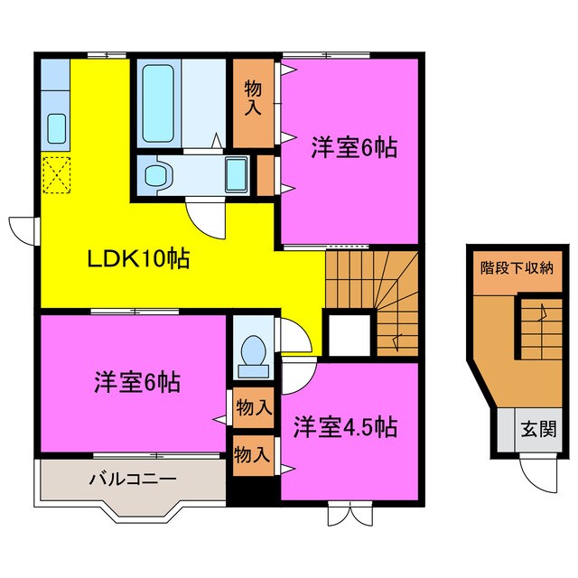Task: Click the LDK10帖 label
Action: pos(138,259)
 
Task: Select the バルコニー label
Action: pos(132,480)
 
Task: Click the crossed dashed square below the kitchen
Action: pos(56,174)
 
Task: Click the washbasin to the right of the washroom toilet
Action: pos(238,172)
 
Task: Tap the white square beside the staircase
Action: pos(348,334)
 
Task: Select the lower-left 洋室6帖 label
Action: pos(136,382)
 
